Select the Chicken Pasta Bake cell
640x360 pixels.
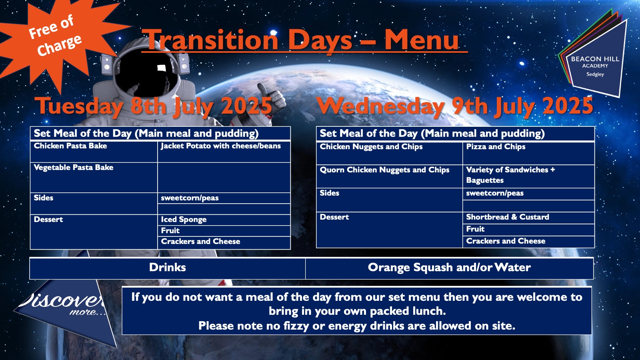pyautogui.click(x=94, y=152)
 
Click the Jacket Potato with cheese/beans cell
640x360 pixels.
pyautogui.click(x=224, y=152)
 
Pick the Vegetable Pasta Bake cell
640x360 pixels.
pyautogui.click(x=94, y=178)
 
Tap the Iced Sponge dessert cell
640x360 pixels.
pyautogui.click(x=224, y=220)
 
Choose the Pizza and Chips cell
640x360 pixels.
pyautogui.click(x=528, y=153)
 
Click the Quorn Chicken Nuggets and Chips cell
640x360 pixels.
pyautogui.click(x=390, y=176)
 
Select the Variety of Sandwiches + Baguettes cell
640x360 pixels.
pyautogui.click(x=528, y=176)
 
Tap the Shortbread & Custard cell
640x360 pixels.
pyautogui.click(x=528, y=218)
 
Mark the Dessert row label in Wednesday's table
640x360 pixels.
pyautogui.click(x=334, y=217)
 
